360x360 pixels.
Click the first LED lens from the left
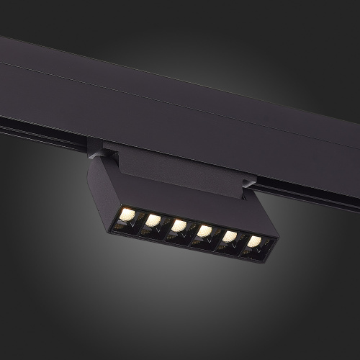127,214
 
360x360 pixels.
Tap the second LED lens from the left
153,220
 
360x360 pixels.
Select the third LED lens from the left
179,226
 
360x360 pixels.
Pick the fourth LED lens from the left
204,231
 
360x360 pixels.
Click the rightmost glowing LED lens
255,241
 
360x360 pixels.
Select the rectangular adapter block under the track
173,169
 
